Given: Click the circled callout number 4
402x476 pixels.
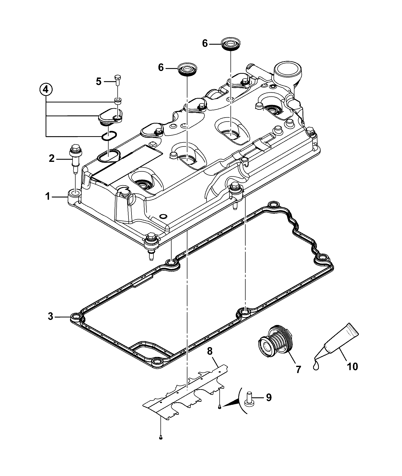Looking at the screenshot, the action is tap(46, 90).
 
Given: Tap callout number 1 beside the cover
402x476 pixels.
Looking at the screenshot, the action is tap(48, 196).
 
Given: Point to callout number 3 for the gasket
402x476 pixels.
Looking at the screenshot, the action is tap(51, 316).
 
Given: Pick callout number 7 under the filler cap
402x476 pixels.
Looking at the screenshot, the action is tap(298, 369).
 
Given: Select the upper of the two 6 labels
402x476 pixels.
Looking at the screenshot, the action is tap(205, 44).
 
